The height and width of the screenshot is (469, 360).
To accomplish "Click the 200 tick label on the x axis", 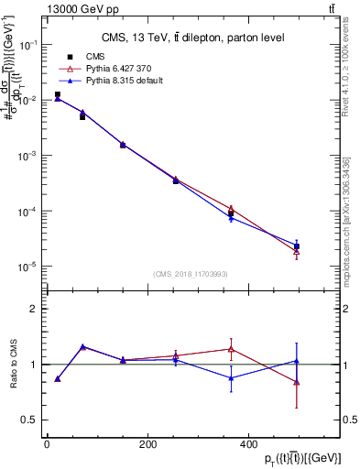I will pos(147,444).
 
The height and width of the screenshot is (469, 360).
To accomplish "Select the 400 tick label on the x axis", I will pos(246,444).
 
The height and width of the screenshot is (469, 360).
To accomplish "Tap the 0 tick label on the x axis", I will pos(47,444).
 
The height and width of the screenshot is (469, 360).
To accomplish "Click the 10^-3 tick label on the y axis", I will pos(27,156).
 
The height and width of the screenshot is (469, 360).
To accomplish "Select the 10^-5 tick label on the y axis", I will pos(27,267).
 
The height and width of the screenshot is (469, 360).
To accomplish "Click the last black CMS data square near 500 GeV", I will pos(297,246).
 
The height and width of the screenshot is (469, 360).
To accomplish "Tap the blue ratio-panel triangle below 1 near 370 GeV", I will pos(232,377).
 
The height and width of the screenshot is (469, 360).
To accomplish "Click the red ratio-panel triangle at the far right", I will pos(297,382).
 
